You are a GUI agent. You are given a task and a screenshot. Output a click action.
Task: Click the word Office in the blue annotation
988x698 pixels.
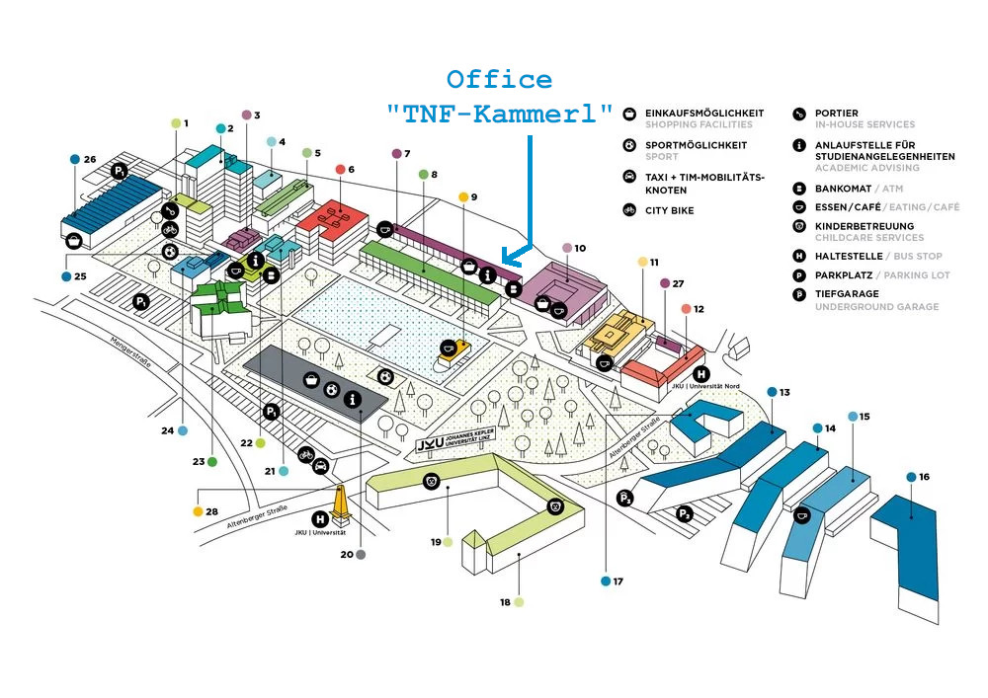pyautogui.click(x=499, y=80)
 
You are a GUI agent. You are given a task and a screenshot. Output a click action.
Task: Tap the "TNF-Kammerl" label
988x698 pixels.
pyautogui.click(x=499, y=114)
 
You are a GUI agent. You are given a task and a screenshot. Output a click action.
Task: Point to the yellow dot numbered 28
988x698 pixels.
pyautogui.click(x=198, y=511)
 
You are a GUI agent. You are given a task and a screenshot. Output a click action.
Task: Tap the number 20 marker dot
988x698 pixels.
pyautogui.click(x=361, y=555)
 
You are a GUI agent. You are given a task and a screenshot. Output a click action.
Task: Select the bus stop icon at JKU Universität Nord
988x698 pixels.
pyautogui.click(x=700, y=374)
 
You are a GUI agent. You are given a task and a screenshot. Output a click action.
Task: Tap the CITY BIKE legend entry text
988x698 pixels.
pyautogui.click(x=669, y=210)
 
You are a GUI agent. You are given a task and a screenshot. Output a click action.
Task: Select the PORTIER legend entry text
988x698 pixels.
pyautogui.click(x=836, y=113)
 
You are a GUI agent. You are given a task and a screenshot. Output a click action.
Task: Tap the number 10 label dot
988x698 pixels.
pyautogui.click(x=567, y=248)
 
